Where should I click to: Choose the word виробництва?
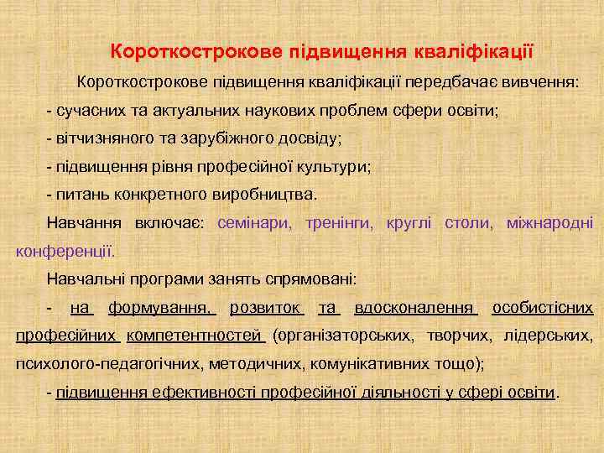263,194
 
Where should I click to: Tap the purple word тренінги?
341,223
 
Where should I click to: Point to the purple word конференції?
65,251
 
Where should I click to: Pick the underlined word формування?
161,308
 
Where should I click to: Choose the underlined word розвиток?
266,308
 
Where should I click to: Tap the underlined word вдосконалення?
416,308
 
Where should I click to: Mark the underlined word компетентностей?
195,336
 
